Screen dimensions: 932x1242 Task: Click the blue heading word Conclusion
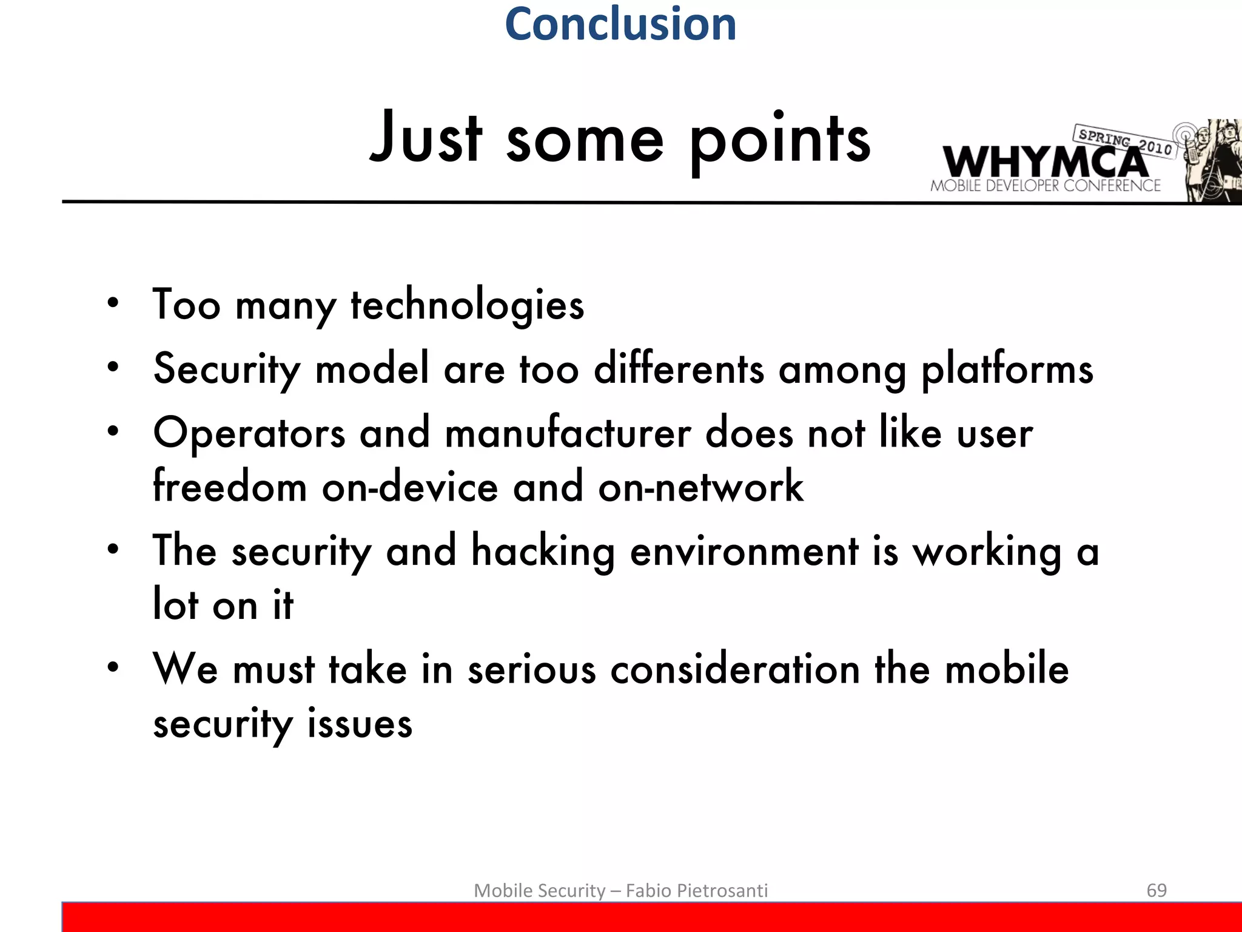click(620, 24)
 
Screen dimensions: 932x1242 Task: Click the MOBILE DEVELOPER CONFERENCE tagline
click(1045, 186)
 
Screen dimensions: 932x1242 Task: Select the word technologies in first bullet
click(467, 305)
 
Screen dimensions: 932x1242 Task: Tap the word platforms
click(1007, 370)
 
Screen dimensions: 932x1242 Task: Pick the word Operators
click(249, 434)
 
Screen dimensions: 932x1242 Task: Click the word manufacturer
click(568, 434)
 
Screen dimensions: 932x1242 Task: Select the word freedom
click(230, 487)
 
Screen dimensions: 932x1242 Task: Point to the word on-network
click(700, 487)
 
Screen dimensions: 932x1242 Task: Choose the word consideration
click(735, 669)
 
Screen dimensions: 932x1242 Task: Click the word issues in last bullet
click(360, 724)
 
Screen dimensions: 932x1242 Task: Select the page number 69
click(1156, 890)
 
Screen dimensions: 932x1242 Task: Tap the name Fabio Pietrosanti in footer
click(696, 891)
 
